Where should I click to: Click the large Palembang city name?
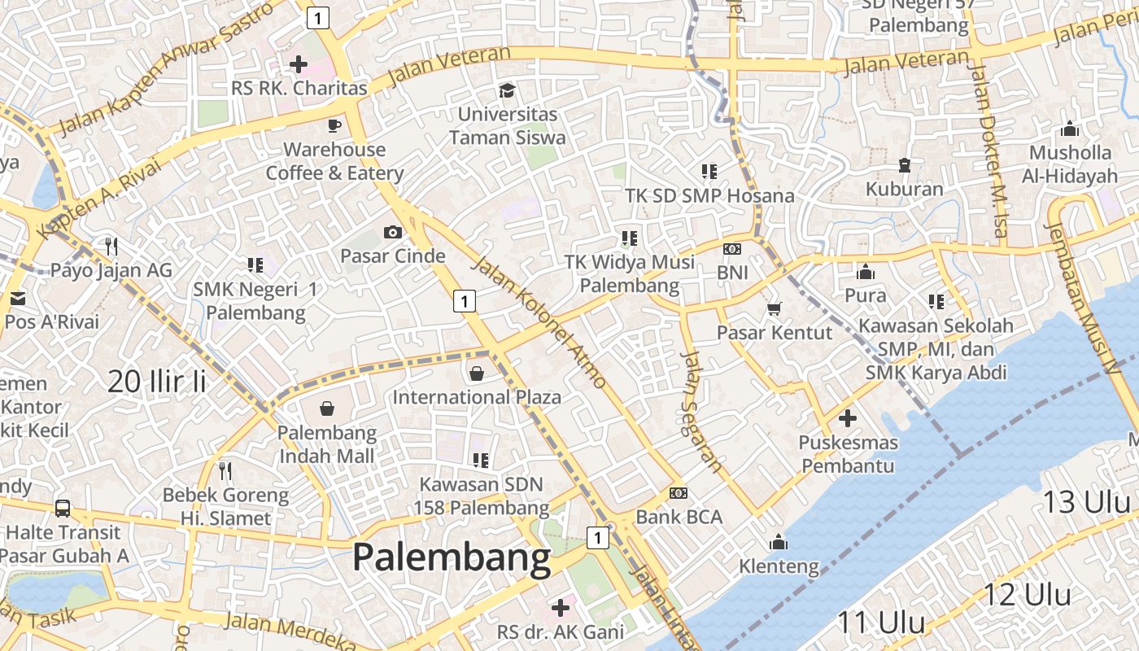tap(452, 559)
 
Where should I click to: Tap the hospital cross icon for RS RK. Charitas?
tap(299, 63)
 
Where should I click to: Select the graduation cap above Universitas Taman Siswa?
tap(508, 90)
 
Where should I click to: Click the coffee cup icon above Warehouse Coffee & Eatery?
tap(334, 125)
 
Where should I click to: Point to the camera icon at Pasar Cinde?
tap(393, 233)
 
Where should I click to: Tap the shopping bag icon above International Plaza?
tap(477, 374)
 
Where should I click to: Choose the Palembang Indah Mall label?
tap(327, 444)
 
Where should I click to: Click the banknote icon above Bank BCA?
tap(679, 493)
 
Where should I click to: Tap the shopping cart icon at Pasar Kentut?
tap(774, 308)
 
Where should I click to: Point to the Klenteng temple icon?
tap(779, 542)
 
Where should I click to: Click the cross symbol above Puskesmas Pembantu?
tap(848, 418)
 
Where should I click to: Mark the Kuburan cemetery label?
tap(904, 190)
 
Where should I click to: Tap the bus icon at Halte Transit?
tap(63, 509)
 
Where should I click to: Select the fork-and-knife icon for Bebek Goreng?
tap(225, 470)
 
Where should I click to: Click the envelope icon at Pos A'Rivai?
tap(18, 298)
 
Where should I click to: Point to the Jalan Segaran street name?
tap(702, 411)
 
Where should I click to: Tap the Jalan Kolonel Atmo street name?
tap(539, 321)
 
